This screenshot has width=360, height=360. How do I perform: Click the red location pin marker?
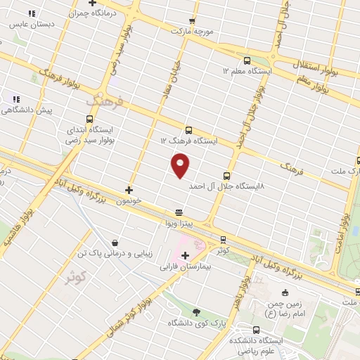[181, 165]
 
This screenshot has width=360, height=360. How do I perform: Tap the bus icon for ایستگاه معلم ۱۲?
[246, 60]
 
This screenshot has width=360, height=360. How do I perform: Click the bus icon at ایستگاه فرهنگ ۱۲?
[188, 129]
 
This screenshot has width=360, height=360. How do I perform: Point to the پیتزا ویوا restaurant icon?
[179, 211]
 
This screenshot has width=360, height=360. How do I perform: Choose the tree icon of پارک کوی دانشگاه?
[196, 311]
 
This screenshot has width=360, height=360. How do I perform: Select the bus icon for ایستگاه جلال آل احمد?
[226, 175]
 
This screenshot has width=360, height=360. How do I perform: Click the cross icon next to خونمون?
[128, 189]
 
